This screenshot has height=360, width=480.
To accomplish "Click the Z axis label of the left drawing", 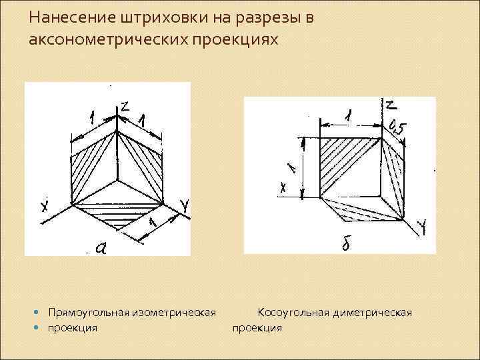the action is pos(125,106).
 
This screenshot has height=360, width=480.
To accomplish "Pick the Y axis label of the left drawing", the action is pos(185,209).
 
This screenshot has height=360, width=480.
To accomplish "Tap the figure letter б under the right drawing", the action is pos(346,245).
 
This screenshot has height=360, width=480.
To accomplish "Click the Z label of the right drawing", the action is pos(392,105).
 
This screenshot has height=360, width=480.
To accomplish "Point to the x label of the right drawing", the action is pos(283,189).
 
